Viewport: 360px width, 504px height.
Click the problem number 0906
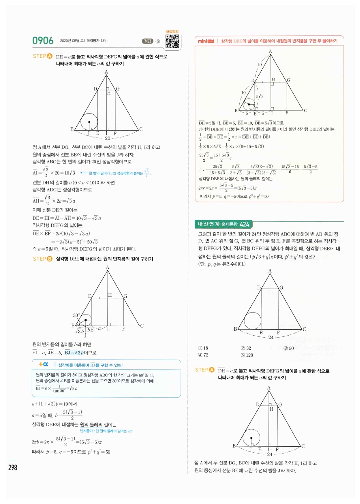pyautogui.click(x=43, y=41)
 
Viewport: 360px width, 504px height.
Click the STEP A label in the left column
pyautogui.click(x=42, y=56)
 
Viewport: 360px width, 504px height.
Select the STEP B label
pyautogui.click(x=42, y=259)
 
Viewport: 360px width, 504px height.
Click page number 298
pyautogui.click(x=13, y=467)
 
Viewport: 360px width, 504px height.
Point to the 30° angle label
pyautogui.click(x=76, y=315)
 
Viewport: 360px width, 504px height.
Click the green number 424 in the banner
pyautogui.click(x=244, y=224)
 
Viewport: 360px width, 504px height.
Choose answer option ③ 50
pyautogui.click(x=289, y=348)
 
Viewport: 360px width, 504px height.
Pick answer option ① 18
pyautogui.click(x=203, y=348)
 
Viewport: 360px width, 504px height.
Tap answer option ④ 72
pyautogui.click(x=203, y=355)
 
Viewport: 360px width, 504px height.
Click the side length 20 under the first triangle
pyautogui.click(x=108, y=138)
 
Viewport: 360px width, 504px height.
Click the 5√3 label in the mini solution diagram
pyautogui.click(x=260, y=96)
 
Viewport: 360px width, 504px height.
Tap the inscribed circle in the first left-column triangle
pyautogui.click(x=89, y=122)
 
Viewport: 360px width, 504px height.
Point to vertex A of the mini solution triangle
pyautogui.click(x=270, y=51)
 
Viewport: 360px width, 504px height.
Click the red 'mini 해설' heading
pyautogui.click(x=206, y=41)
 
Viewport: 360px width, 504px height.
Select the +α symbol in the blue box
pyautogui.click(x=43, y=364)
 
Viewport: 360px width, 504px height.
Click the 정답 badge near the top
pyautogui.click(x=147, y=41)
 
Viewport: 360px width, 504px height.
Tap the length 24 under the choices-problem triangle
pyautogui.click(x=270, y=338)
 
